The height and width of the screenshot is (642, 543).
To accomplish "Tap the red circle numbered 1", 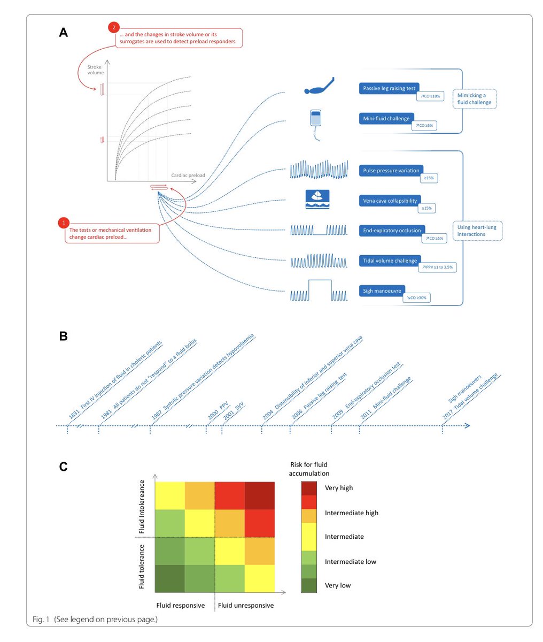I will point(64,222).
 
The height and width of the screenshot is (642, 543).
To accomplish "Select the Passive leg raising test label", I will point(390,88).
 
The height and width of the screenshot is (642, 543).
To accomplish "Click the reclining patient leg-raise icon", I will point(319,86).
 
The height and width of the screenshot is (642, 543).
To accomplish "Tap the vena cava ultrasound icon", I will point(317,198).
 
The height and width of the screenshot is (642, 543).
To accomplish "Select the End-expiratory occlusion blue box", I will point(392,231).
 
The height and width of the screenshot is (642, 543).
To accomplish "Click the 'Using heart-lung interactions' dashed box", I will point(477,231).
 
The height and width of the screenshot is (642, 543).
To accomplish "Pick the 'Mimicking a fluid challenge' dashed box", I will point(475,99).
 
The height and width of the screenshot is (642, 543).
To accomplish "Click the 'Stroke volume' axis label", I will point(95,70).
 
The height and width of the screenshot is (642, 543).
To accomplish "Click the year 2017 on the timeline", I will point(447,415).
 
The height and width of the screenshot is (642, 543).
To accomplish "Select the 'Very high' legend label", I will point(338,488).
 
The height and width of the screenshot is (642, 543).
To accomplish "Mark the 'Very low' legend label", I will point(338,585).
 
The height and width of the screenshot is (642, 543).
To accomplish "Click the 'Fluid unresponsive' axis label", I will point(245,606).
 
